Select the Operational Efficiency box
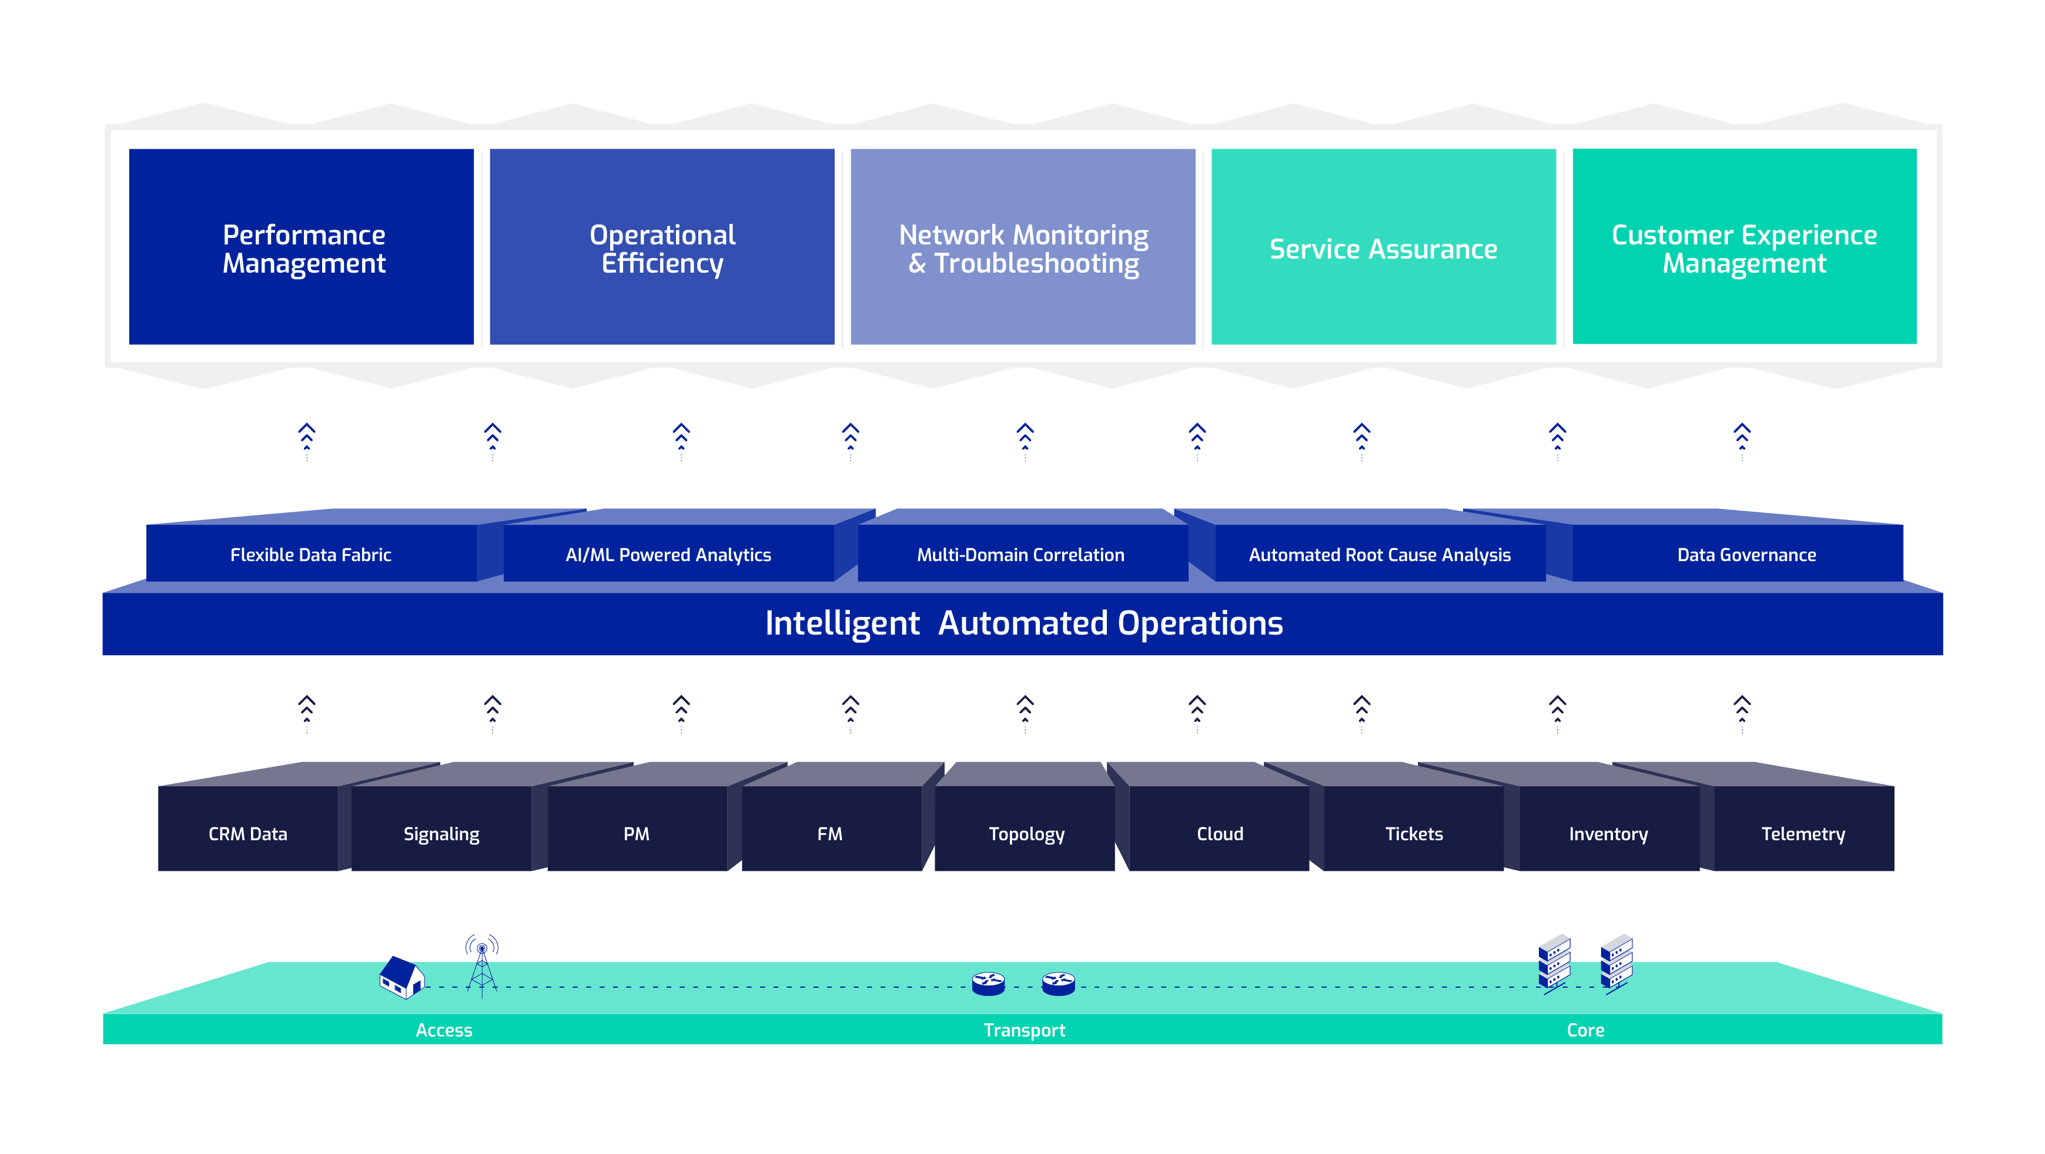[662, 247]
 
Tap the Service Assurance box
[1383, 247]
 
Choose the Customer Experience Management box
[1744, 247]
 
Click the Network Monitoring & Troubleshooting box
[1023, 247]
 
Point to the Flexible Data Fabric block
[311, 555]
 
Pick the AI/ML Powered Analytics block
[668, 555]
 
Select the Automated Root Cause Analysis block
[1380, 555]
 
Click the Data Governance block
[1746, 555]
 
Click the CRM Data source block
[247, 833]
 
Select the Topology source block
[1026, 833]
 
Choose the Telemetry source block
[1803, 833]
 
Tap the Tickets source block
[1414, 833]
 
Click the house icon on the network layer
[401, 977]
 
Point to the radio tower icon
[482, 964]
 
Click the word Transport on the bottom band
[1024, 1030]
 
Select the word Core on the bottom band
[1585, 1030]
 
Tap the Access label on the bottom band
[444, 1030]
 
